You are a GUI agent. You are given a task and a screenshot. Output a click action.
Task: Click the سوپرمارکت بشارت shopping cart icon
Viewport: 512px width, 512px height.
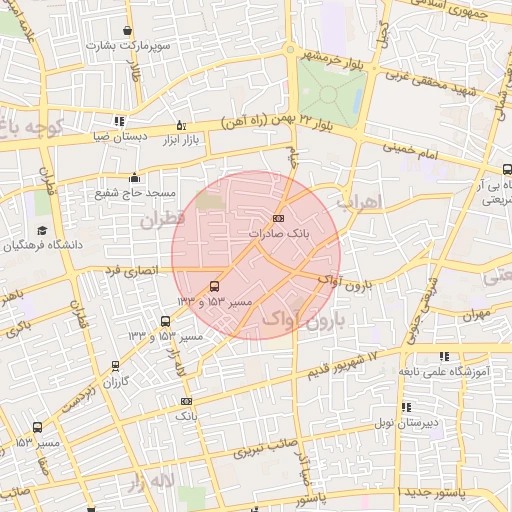pyautogui.click(x=127, y=31)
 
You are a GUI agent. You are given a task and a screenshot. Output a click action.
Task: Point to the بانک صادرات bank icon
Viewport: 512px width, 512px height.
pyautogui.click(x=278, y=219)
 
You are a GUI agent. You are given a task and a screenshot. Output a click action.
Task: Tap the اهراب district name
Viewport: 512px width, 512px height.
pyautogui.click(x=360, y=203)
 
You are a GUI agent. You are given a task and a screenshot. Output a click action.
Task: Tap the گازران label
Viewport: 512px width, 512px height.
pyautogui.click(x=117, y=383)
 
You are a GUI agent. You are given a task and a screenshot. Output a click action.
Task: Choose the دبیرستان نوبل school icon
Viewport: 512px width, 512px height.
pyautogui.click(x=406, y=407)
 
